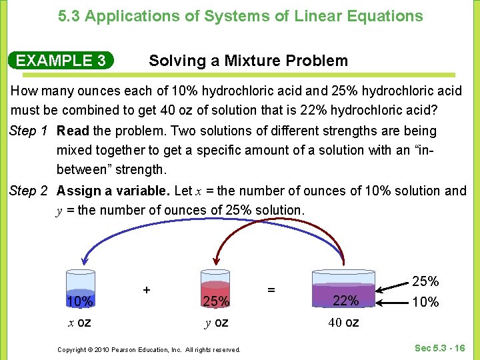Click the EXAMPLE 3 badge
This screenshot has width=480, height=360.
point(61,61)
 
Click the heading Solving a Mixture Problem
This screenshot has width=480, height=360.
point(248,61)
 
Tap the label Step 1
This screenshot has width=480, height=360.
point(28,131)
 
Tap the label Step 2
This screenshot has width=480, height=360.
point(28,191)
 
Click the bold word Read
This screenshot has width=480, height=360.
point(73,131)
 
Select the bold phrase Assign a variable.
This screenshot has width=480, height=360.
point(113,191)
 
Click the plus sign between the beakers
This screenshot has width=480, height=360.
point(146,290)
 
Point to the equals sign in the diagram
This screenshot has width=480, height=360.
point(271,290)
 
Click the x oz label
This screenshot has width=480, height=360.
point(79,323)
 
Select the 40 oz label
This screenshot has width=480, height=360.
point(343,323)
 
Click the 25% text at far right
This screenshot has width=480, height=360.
point(425,281)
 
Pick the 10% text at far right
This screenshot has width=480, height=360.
point(425,302)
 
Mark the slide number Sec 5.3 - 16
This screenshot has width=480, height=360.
point(439,347)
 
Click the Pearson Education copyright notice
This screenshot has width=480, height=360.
point(149,349)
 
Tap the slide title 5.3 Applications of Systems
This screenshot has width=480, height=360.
point(240,16)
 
